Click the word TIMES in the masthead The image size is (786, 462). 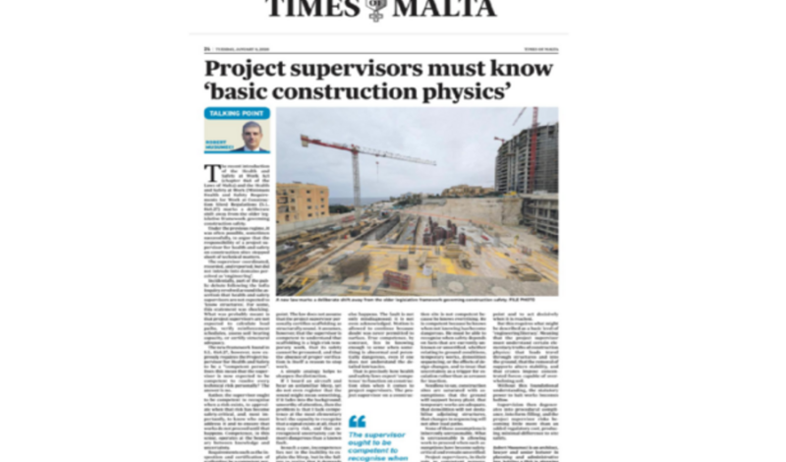click(312, 9)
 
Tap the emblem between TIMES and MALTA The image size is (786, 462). click(375, 10)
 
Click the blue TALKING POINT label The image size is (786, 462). click(236, 114)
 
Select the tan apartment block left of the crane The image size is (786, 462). click(303, 201)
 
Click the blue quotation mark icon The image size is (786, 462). click(357, 421)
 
